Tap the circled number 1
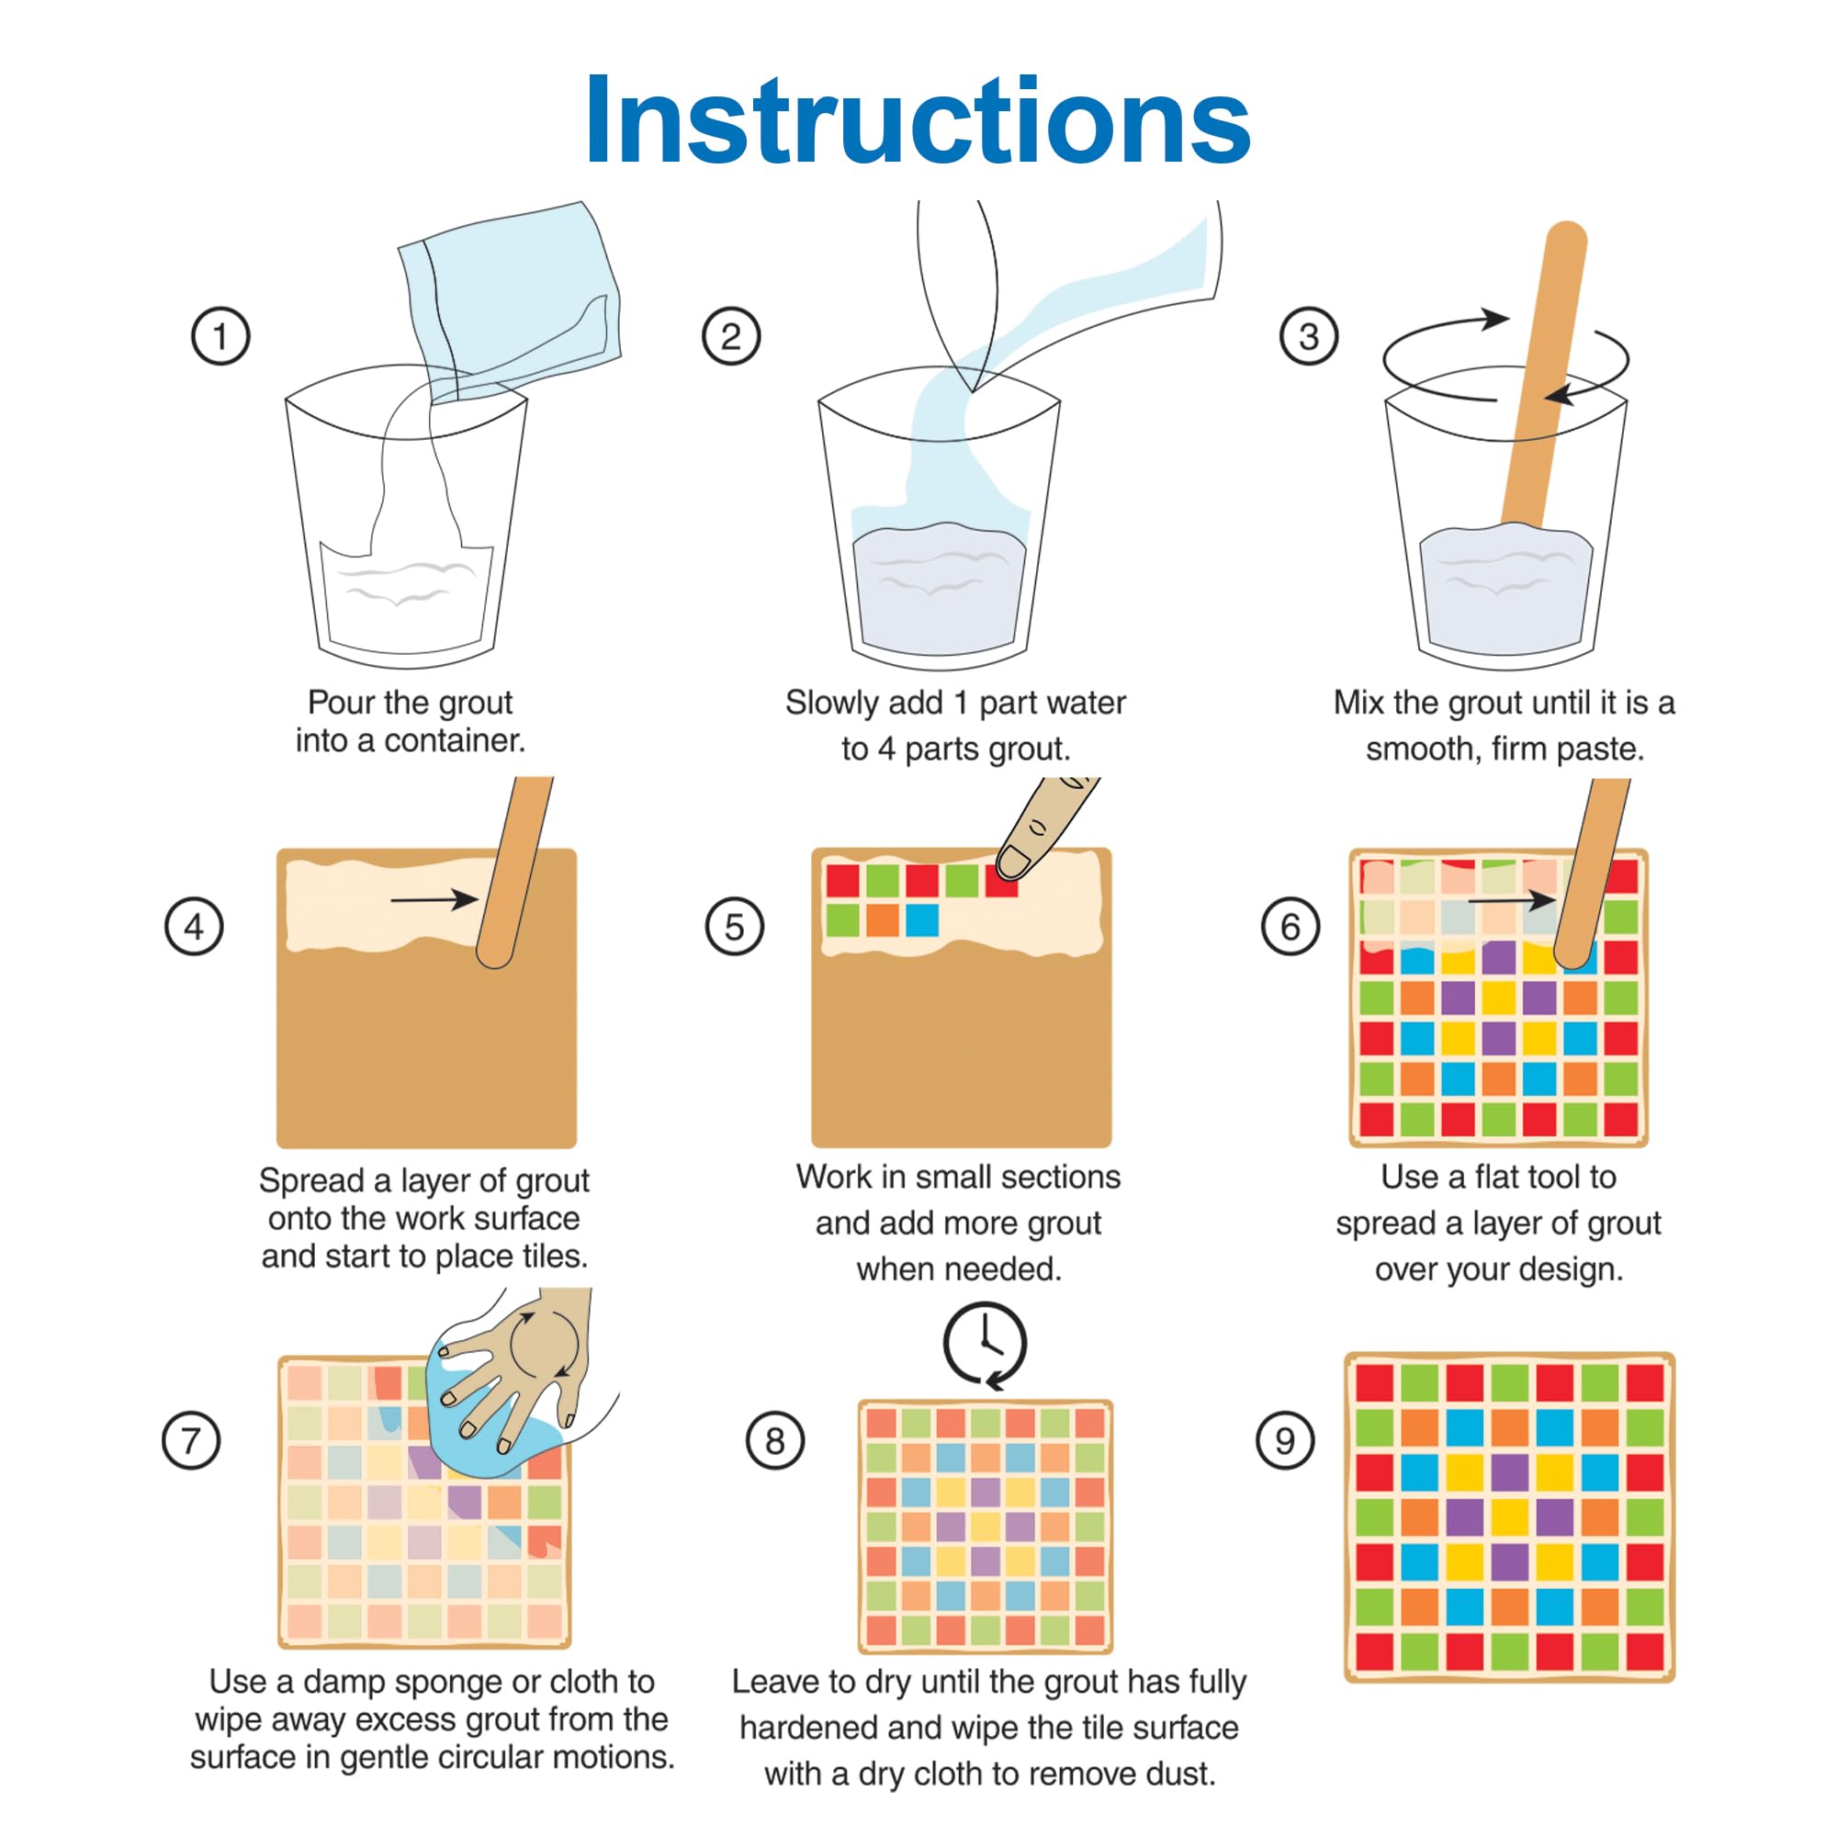[x=220, y=335]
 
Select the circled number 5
[x=734, y=926]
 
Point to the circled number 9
[x=1286, y=1439]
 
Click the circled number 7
[x=191, y=1439]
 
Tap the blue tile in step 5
[x=921, y=920]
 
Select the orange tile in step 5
[x=882, y=920]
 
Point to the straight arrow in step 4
[x=434, y=898]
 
